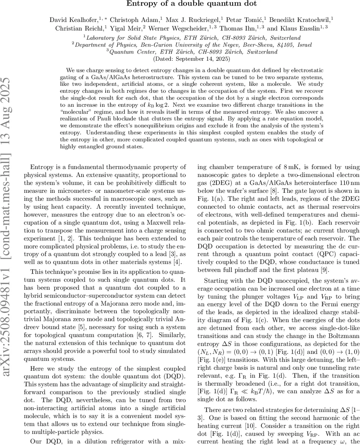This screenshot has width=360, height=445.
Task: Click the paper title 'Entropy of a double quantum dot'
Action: [x=180, y=4]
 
